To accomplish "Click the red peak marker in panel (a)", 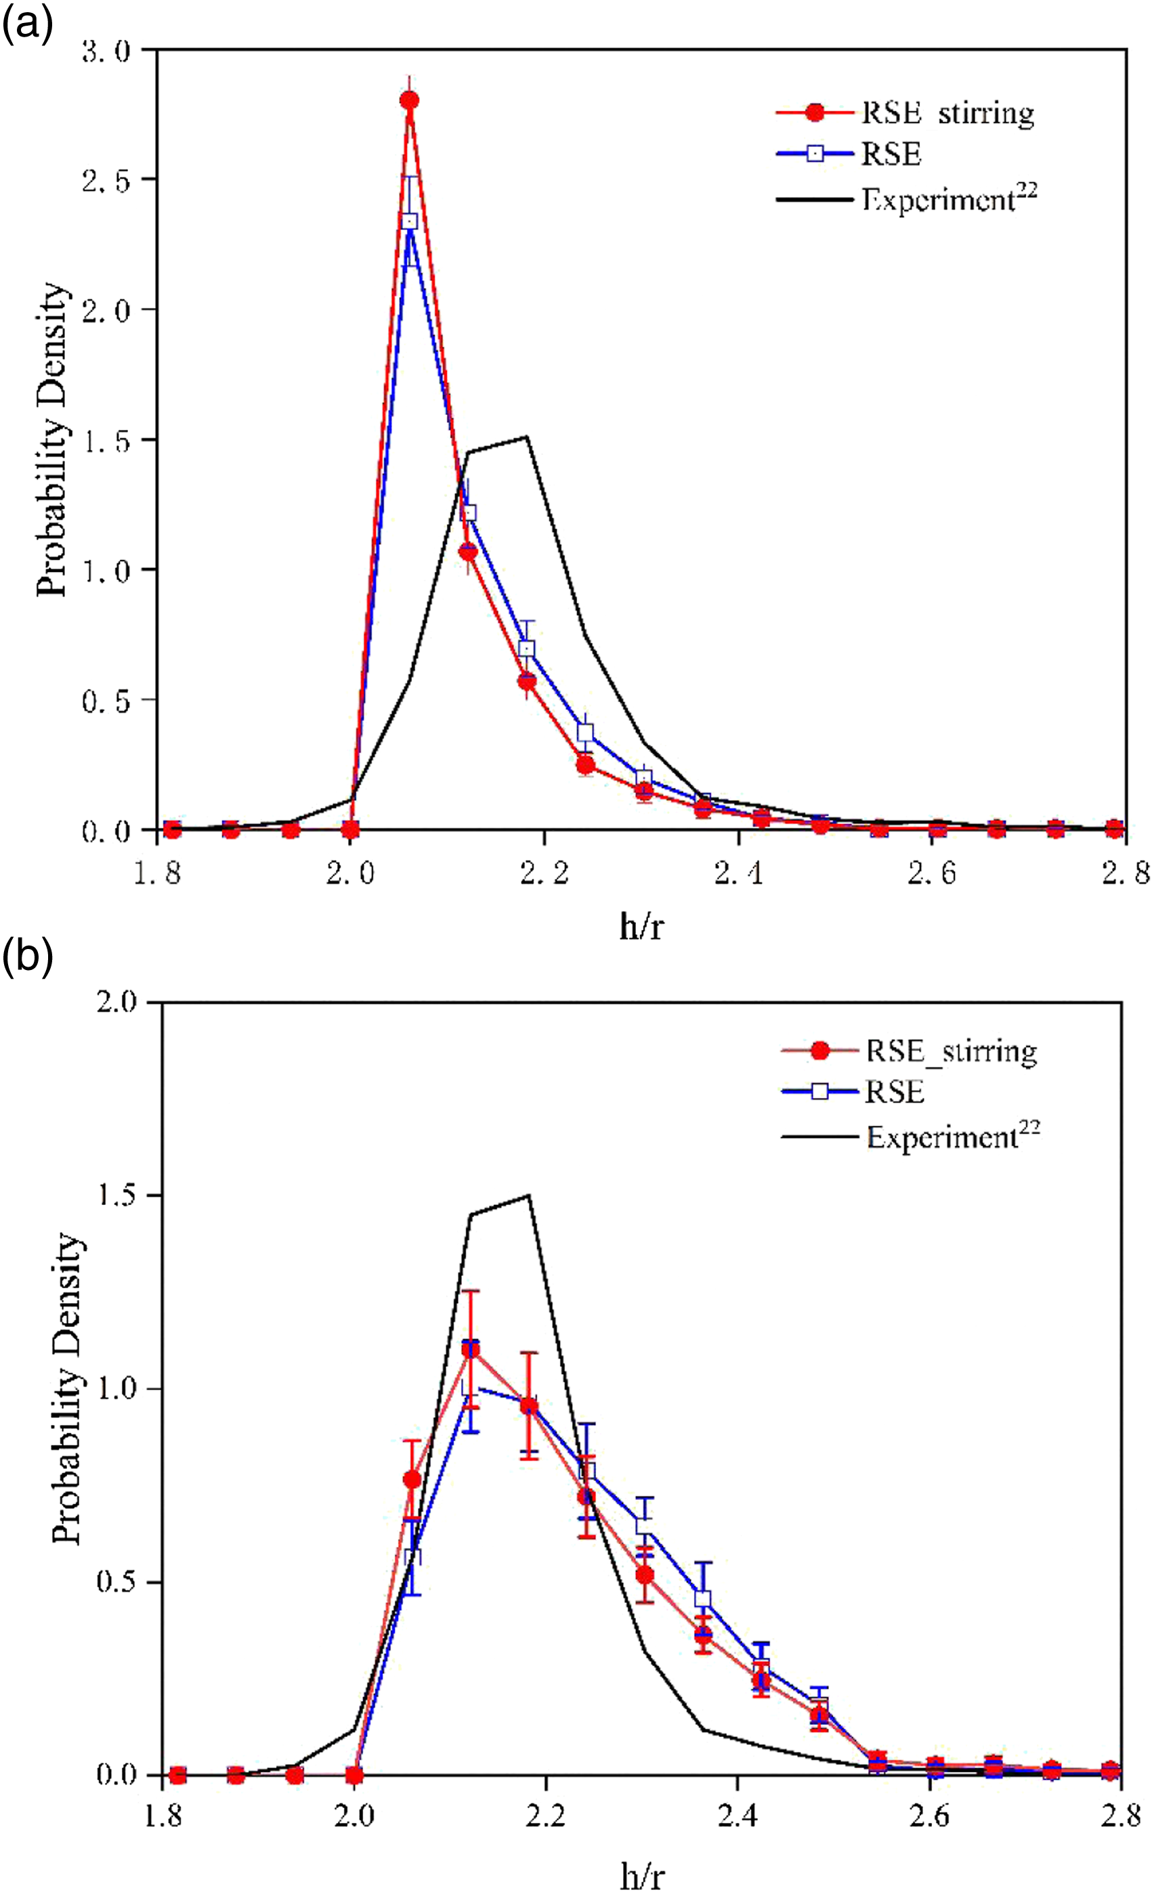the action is pyautogui.click(x=409, y=100).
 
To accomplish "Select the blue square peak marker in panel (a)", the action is pyautogui.click(x=410, y=221).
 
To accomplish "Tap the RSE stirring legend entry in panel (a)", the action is pyautogui.click(x=905, y=113).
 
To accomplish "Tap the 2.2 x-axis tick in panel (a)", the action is pyautogui.click(x=544, y=873).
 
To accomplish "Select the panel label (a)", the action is pyautogui.click(x=27, y=25).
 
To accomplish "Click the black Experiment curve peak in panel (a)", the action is pyautogui.click(x=527, y=437).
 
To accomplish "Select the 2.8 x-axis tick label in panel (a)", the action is pyautogui.click(x=1125, y=873).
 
